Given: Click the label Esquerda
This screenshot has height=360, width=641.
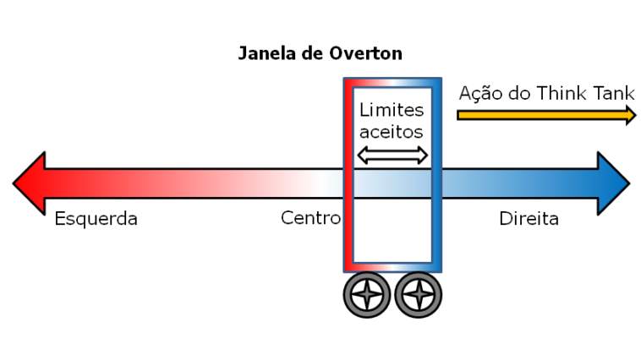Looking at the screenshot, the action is (96, 219).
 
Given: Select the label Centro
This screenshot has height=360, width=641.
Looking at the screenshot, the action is (310, 218).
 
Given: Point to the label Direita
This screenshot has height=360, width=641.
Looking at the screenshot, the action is (529, 219).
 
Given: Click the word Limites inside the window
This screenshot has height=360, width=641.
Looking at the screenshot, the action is (392, 110).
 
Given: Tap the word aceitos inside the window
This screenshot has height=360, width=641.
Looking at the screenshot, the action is (392, 132).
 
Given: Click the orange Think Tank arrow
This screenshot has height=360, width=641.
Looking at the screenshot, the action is (546, 115).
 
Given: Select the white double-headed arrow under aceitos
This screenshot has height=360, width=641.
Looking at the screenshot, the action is (392, 155).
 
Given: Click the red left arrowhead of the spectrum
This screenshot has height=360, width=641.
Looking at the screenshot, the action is (30, 183).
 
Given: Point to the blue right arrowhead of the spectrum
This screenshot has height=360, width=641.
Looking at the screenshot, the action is (613, 183).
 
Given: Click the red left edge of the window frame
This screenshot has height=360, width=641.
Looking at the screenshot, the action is (348, 175).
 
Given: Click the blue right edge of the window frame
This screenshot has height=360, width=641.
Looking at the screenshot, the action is (436, 175).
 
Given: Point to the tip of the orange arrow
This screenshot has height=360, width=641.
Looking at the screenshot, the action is (637, 115).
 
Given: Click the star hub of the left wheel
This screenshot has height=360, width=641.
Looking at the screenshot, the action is (367, 295).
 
